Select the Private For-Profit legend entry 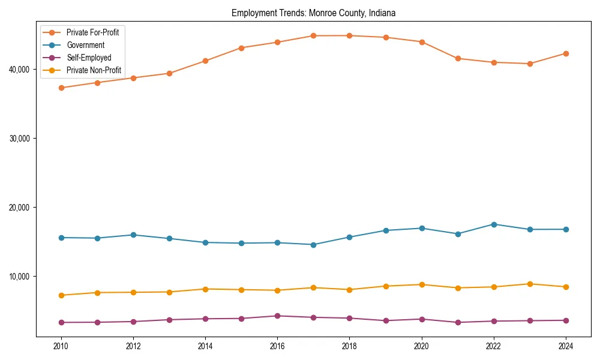pos(92,32)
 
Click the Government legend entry pos(85,45)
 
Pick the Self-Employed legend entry pos(89,58)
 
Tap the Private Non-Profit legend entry pos(94,70)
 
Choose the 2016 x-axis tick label pos(277,346)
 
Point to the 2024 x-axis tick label pos(565,346)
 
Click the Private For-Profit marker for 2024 pos(565,53)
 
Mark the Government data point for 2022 pos(494,224)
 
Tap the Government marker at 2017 pos(313,245)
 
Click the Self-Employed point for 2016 pos(277,316)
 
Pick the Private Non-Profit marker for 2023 pos(530,284)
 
